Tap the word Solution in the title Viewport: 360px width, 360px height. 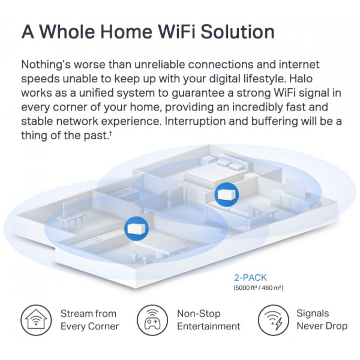pos(238,31)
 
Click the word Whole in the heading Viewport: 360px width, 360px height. pos(68,31)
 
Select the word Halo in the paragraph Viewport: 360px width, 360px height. pos(301,79)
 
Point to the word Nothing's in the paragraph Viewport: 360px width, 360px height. pos(46,65)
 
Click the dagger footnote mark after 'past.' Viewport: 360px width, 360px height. pos(110,133)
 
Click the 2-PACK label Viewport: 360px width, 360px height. pos(250,278)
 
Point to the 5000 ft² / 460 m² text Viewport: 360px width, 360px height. pos(258,287)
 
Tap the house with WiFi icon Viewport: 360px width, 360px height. pos(36,320)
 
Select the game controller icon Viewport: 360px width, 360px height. pos(152,320)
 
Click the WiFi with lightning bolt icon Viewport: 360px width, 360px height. pos(273,320)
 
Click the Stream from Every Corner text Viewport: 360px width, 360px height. pos(89,320)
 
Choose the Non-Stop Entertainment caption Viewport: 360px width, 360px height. pos(208,320)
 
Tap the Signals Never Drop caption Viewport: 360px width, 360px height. pos(322,320)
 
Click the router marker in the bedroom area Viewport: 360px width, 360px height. pos(227,194)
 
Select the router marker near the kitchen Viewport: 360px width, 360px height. pos(136,229)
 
